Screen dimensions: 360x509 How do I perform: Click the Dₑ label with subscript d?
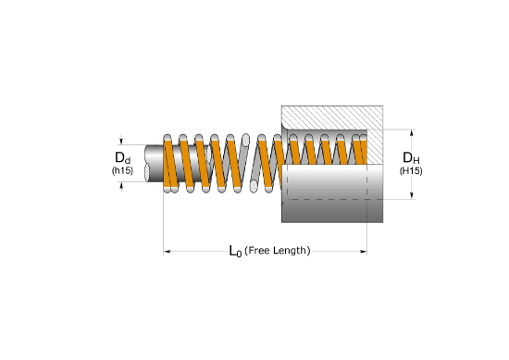(x=121, y=157)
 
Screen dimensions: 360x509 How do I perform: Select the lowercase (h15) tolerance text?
(x=121, y=171)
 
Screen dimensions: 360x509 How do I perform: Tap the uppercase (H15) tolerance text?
(x=411, y=171)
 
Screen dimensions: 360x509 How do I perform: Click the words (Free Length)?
(x=277, y=251)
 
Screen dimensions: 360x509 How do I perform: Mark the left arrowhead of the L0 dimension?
(x=168, y=251)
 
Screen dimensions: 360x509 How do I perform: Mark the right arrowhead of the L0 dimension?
(x=365, y=251)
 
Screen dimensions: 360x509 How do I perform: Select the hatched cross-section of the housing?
(x=333, y=117)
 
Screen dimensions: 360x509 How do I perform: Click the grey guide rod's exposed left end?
(x=152, y=163)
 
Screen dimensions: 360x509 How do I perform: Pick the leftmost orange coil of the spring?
(x=169, y=163)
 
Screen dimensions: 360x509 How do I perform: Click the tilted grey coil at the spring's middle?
(x=245, y=163)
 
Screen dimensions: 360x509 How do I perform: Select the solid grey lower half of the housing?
(x=333, y=199)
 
